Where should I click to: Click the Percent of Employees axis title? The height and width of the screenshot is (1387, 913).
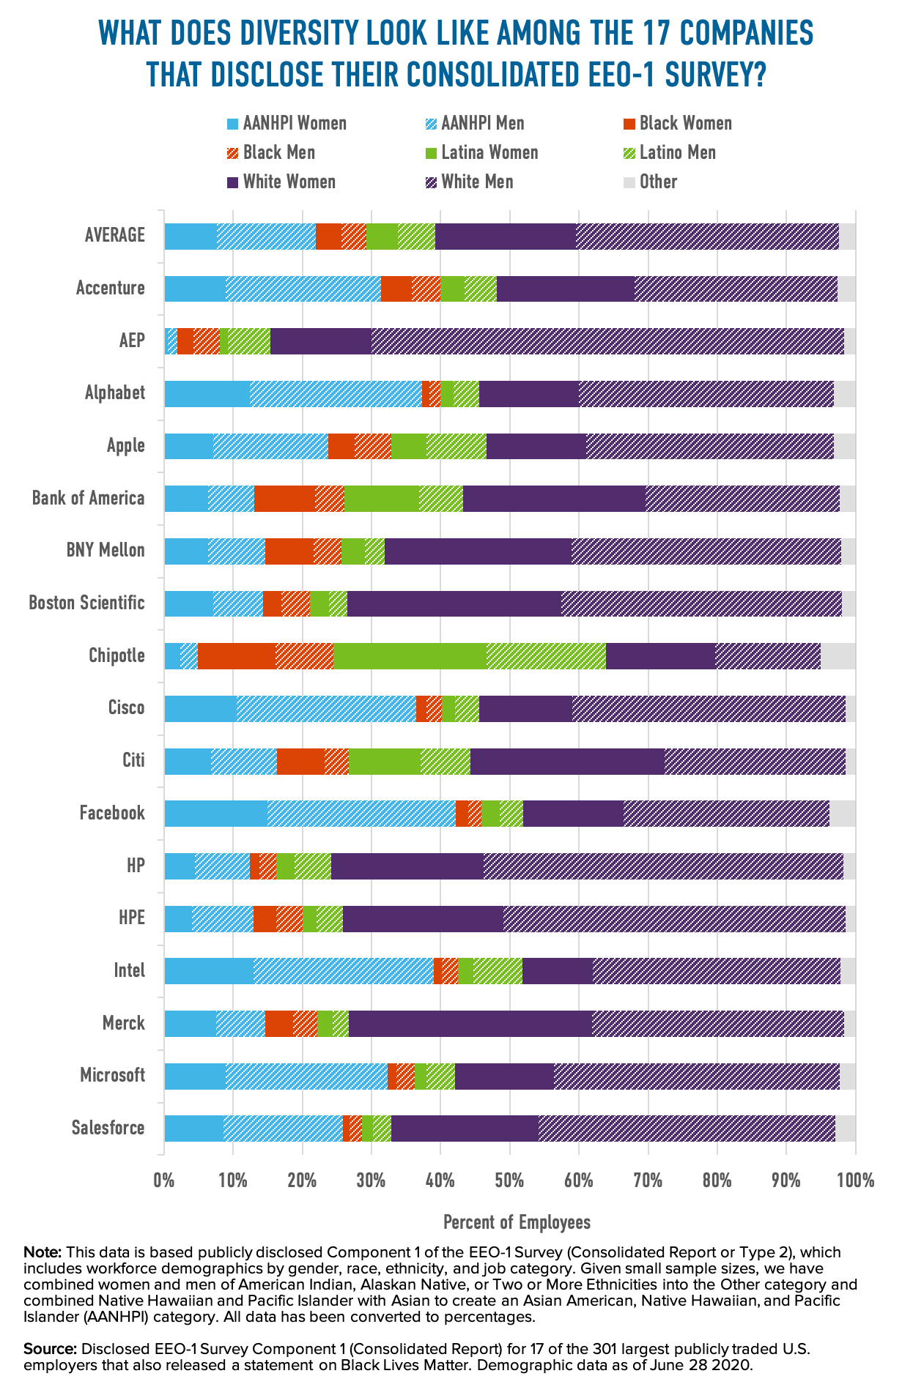(x=517, y=1221)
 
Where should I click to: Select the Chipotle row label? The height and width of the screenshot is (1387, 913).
(x=117, y=655)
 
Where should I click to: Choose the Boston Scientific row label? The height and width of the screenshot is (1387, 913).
(x=86, y=603)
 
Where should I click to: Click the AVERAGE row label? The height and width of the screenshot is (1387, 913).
(x=115, y=235)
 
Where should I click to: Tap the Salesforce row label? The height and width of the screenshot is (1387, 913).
(x=108, y=1127)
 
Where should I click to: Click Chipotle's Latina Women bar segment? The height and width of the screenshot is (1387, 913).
(x=410, y=655)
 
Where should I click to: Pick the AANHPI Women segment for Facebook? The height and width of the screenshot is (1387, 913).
(x=215, y=813)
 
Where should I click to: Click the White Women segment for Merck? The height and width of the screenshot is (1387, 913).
(x=470, y=1023)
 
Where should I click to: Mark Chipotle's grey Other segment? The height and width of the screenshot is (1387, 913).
(x=838, y=655)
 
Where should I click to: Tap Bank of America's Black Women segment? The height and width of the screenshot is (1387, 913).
(x=284, y=498)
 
